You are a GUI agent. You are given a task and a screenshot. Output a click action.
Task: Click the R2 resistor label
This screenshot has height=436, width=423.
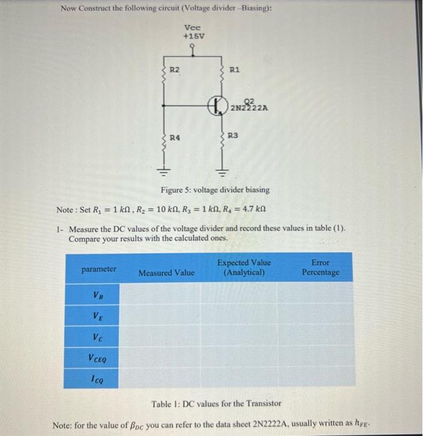coord(175,71)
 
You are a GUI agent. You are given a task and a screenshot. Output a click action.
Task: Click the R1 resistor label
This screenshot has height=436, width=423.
coord(235,71)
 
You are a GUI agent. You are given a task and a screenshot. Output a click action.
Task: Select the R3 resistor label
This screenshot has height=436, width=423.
coord(234,135)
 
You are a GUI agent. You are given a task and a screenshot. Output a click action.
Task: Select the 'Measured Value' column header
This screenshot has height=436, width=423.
coord(166,273)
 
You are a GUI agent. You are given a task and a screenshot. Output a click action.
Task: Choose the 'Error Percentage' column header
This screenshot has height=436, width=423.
coord(321,268)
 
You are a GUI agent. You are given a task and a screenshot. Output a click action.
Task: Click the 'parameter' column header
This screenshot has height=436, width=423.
coord(98,269)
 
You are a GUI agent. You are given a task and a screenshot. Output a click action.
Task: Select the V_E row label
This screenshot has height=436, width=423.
coord(98,316)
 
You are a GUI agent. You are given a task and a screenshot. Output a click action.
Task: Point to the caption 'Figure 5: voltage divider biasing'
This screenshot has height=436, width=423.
coord(215,189)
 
